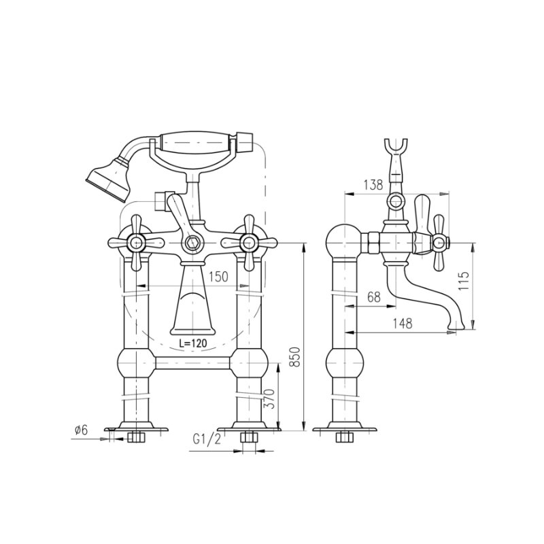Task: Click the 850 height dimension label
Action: [295, 356]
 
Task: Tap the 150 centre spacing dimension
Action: [218, 277]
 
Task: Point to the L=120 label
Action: [193, 343]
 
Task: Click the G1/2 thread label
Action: [207, 439]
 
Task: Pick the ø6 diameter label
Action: [82, 430]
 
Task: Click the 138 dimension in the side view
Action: [373, 185]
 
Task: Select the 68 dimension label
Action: [374, 297]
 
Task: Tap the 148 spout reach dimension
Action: [403, 324]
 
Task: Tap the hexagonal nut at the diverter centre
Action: [192, 243]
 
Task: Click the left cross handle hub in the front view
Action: [136, 243]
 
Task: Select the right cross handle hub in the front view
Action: [249, 243]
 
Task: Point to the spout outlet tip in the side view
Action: [456, 326]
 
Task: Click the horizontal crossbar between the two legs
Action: [192, 362]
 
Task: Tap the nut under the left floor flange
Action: [135, 437]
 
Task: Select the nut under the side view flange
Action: [344, 437]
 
